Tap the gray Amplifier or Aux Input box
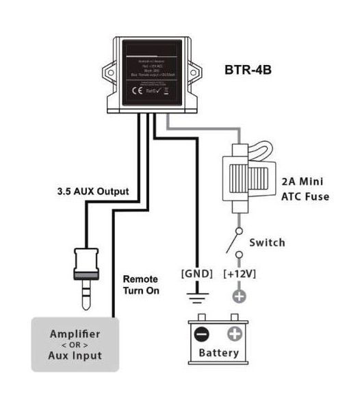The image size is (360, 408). coord(75,345)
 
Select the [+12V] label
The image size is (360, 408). coord(240,274)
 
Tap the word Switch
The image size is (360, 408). coord(267,243)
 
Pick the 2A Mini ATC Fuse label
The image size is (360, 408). coord(303,190)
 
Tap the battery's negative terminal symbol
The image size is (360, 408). coord(201,335)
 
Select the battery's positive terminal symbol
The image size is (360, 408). coord(234,335)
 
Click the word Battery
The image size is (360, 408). coord(218,353)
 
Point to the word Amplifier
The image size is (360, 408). coord(75,334)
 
